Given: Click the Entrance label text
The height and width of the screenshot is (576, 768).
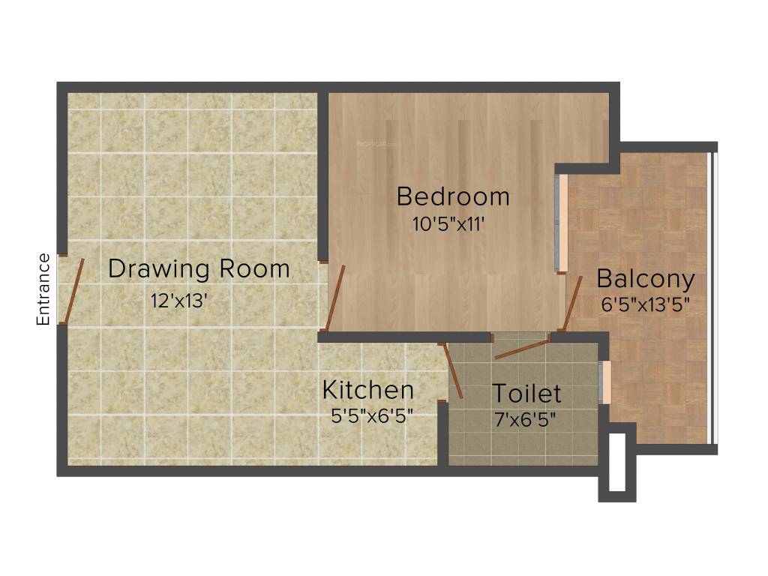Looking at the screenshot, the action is (43, 289).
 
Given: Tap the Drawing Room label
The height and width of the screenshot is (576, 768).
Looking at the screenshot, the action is (199, 268).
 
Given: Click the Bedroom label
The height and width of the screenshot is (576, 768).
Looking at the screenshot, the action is (453, 196).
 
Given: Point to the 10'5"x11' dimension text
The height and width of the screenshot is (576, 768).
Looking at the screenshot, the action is (448, 224).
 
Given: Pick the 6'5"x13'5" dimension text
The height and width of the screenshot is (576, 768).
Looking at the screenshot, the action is (646, 304).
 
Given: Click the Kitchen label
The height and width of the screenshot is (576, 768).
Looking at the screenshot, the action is (367, 390).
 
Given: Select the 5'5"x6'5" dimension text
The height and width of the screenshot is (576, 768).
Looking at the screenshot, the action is (372, 416).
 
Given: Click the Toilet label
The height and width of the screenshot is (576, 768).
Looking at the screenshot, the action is (526, 393).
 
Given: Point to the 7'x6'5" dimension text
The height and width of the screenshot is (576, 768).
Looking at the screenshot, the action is (526, 419).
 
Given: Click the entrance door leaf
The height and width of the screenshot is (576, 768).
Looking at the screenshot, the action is (72, 291).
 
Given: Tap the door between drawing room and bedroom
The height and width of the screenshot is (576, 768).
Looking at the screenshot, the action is (335, 298).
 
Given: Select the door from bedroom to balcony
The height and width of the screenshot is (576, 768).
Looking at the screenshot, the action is (572, 303).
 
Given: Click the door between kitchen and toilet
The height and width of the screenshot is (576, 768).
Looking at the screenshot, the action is (453, 370).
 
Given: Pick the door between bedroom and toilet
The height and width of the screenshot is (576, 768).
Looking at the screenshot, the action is (521, 349).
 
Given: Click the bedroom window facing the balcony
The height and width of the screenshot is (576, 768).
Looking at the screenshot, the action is (561, 223).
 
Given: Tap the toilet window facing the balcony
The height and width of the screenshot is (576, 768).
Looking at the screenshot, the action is (605, 382).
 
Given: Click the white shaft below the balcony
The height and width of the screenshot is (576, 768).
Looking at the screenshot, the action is (617, 462).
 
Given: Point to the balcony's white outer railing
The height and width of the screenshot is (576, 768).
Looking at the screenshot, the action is (713, 298).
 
